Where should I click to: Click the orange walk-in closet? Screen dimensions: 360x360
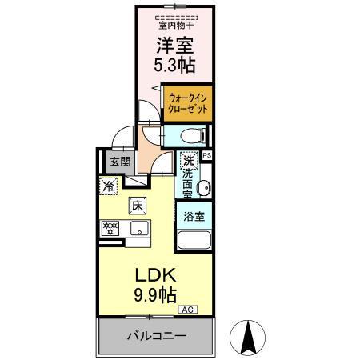click(189, 103)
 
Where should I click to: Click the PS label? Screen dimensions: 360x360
click(207, 156)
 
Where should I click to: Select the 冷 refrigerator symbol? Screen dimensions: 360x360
click(109, 186)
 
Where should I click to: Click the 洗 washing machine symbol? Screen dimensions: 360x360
click(187, 158)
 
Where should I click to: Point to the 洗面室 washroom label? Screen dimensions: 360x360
click(187, 182)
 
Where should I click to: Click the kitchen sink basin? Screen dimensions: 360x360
click(139, 230)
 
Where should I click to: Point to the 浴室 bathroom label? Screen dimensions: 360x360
click(194, 216)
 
